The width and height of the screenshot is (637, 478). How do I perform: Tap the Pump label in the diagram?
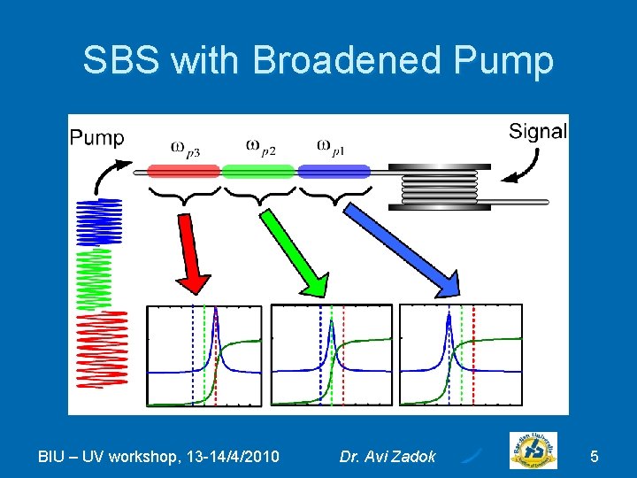[96, 137]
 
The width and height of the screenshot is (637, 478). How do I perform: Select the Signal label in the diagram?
[538, 132]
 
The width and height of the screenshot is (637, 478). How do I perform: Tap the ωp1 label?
[329, 147]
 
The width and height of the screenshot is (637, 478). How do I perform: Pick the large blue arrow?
[403, 251]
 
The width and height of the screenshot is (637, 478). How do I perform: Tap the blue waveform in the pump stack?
[99, 221]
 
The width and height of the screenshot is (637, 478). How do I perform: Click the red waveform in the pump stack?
[101, 349]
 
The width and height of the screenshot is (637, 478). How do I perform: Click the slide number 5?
[595, 457]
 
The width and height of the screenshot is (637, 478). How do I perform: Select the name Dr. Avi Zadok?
[388, 457]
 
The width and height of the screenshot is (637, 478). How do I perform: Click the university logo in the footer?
[533, 452]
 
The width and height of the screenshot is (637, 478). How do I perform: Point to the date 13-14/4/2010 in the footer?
[229, 457]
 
